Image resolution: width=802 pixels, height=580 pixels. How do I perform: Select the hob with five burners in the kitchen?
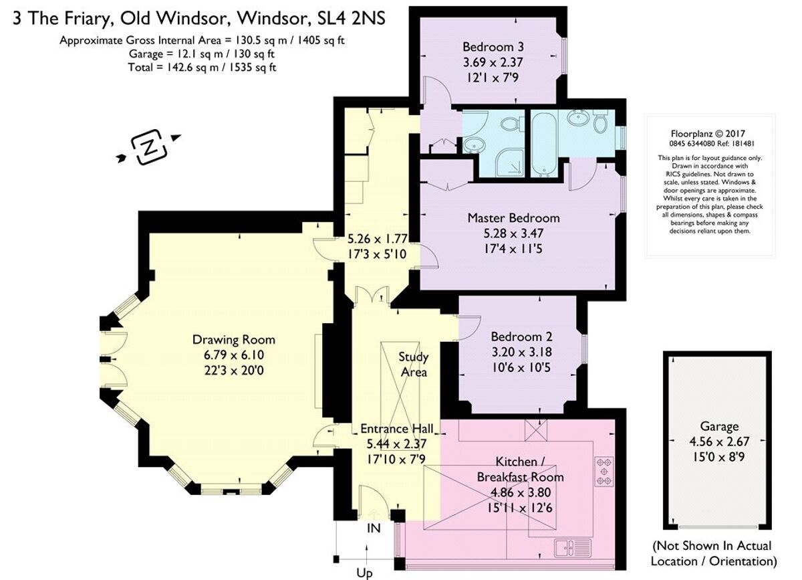604,471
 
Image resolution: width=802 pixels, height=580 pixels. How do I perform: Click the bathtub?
543,143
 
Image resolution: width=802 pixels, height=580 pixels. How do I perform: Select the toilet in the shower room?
512,124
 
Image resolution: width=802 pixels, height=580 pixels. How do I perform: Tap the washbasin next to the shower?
475,144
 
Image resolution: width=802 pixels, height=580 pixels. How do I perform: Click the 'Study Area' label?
414,364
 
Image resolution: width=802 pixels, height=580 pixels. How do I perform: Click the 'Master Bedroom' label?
513,218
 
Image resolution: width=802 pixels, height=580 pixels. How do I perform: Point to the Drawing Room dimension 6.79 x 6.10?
233,354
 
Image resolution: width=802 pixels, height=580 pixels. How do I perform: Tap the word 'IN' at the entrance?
374,528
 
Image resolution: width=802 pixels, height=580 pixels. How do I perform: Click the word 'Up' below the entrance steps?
364,573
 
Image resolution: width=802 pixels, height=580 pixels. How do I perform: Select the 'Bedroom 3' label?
493,47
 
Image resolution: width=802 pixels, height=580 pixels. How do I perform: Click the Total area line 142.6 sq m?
202,67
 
